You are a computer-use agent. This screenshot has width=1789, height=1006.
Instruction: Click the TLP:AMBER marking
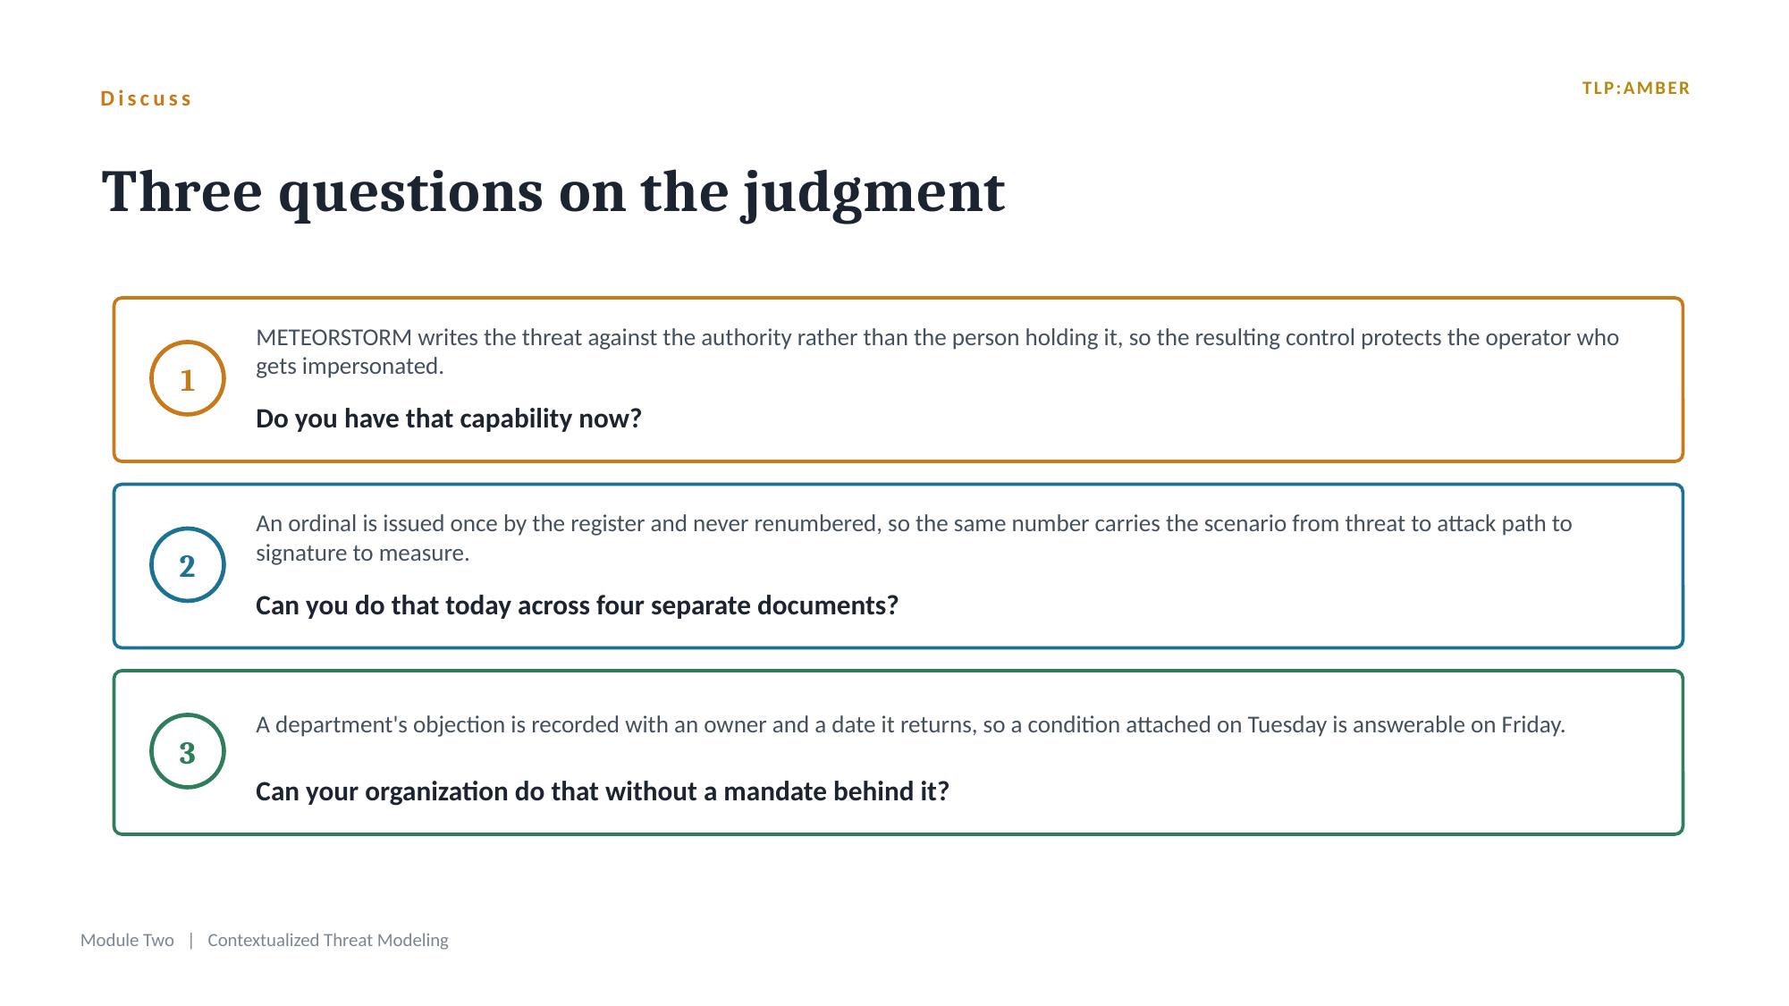click(1635, 89)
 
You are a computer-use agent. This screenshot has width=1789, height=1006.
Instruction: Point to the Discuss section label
click(147, 98)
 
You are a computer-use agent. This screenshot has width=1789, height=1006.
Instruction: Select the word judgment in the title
click(874, 193)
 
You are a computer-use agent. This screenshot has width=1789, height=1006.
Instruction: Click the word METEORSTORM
click(333, 337)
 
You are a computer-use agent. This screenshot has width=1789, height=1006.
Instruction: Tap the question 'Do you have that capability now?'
click(449, 418)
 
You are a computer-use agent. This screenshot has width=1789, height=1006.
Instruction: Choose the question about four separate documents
click(577, 605)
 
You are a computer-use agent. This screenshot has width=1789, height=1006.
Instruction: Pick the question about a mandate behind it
click(602, 791)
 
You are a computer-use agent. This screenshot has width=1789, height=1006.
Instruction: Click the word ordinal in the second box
click(321, 523)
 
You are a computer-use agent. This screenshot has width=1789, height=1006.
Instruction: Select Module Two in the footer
click(127, 940)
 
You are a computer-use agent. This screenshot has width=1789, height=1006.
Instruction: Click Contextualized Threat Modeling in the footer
click(328, 940)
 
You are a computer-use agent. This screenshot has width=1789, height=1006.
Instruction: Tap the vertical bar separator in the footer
click(191, 940)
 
